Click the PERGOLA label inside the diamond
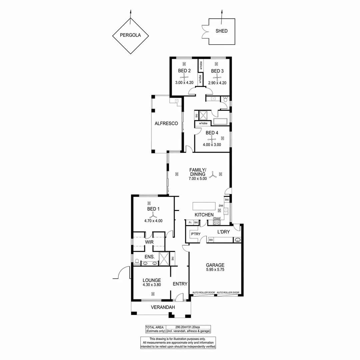130,35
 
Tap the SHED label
222,31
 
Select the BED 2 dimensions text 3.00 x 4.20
184,83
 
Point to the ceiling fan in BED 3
217,78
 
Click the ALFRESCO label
166,124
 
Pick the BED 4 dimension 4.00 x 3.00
212,145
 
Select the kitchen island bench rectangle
204,206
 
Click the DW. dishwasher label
221,206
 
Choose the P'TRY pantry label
196,234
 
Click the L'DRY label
223,232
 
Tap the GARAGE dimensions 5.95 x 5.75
215,270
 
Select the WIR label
149,242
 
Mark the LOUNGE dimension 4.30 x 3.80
152,285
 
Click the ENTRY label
180,284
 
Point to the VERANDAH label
163,307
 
